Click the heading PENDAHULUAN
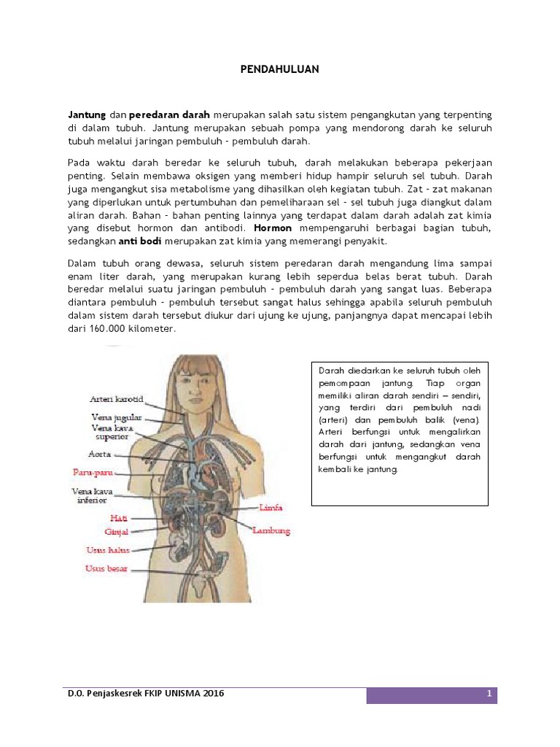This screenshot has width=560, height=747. click(x=280, y=69)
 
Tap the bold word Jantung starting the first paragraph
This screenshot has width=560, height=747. click(x=87, y=115)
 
